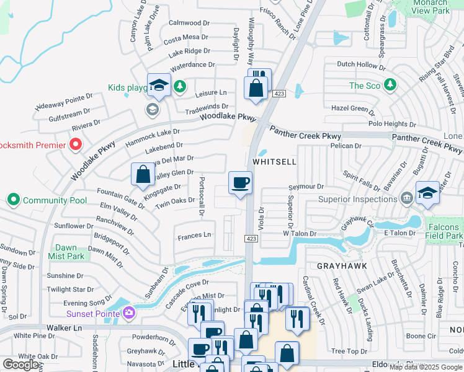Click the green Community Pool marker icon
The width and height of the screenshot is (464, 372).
point(13,200)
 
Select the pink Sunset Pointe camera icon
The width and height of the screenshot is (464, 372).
point(129,313)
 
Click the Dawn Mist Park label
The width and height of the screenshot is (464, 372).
point(66,252)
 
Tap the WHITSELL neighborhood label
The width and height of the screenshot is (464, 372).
point(274,161)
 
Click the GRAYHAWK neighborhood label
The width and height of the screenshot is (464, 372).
point(342,265)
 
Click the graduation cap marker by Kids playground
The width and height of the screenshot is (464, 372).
point(159,85)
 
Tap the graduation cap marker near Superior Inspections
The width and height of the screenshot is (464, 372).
point(427,192)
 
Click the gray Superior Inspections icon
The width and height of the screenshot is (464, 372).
point(406,198)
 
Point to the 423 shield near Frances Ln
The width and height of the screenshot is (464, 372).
point(251,237)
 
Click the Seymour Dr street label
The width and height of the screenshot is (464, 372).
point(306,187)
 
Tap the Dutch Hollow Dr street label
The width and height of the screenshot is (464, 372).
point(361,64)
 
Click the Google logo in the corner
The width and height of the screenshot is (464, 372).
point(21,364)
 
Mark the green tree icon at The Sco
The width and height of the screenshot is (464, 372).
point(390,85)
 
